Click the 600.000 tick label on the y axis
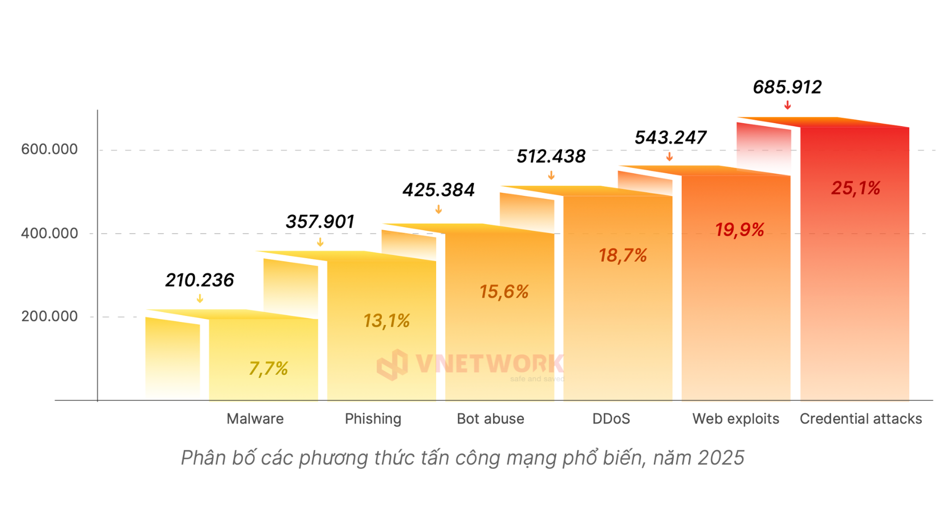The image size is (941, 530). (x=49, y=149)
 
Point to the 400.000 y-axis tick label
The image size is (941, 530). (x=49, y=233)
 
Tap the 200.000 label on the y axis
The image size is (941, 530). (x=49, y=316)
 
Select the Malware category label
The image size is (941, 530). (x=255, y=419)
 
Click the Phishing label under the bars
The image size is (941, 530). (x=373, y=419)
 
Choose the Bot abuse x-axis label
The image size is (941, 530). (x=490, y=419)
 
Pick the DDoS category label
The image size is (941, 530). (x=611, y=419)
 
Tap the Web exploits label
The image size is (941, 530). (x=736, y=419)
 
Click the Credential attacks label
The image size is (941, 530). (x=861, y=419)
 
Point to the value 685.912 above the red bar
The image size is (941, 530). (x=787, y=87)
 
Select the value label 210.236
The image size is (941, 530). (x=199, y=280)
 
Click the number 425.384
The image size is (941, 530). (x=439, y=190)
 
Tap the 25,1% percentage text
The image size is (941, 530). (x=856, y=188)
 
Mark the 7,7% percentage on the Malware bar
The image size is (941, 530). (x=268, y=368)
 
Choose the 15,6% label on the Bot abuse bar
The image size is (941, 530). (x=504, y=292)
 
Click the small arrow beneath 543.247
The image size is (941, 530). (x=669, y=157)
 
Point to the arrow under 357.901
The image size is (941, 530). (x=320, y=242)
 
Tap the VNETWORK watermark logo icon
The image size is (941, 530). (x=392, y=365)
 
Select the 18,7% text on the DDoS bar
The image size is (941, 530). (x=622, y=255)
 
